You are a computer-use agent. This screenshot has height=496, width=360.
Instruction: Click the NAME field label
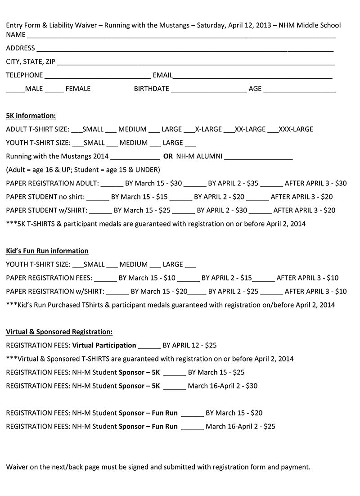[15, 34]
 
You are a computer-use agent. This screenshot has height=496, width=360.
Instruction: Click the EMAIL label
[162, 75]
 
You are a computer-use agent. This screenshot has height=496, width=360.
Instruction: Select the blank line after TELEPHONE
[98, 77]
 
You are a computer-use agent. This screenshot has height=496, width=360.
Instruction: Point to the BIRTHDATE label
[151, 89]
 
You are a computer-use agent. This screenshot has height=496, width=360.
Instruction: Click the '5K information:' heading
[31, 116]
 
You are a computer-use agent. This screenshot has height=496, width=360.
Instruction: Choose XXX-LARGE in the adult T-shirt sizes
[296, 129]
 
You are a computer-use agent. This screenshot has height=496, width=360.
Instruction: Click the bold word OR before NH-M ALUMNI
[168, 156]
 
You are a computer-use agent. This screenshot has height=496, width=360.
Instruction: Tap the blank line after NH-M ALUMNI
[258, 158]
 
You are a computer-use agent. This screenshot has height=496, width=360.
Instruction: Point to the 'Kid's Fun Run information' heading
[47, 251]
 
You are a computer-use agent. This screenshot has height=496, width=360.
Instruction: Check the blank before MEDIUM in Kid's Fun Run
[112, 266]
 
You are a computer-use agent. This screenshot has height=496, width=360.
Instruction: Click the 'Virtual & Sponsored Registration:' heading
[59, 332]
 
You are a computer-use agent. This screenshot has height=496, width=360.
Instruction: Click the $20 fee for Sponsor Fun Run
[256, 413]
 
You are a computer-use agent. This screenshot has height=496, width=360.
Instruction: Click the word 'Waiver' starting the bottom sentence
[17, 467]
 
